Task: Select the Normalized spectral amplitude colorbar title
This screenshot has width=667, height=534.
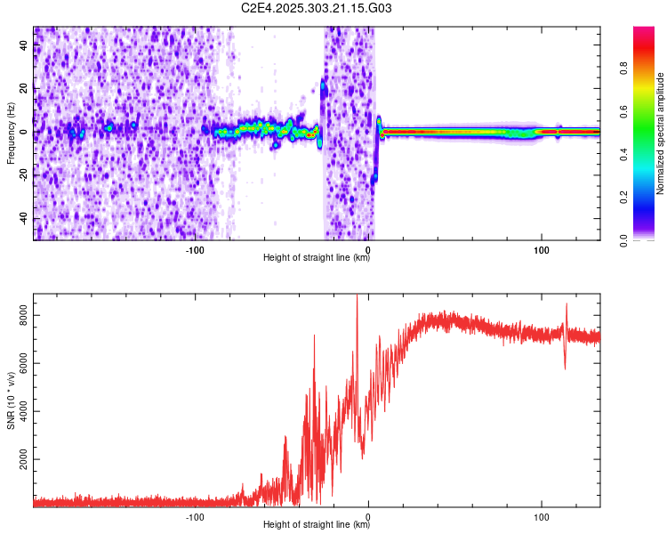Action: (661, 134)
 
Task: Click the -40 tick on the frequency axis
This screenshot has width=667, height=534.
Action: (22, 219)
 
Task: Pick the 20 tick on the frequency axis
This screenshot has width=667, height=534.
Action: (24, 88)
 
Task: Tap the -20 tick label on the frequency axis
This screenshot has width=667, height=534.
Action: (22, 175)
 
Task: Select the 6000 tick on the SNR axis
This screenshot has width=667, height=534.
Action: (24, 363)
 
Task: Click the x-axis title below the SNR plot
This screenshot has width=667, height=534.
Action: (317, 524)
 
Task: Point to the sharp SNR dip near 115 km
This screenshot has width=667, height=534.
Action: (565, 368)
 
